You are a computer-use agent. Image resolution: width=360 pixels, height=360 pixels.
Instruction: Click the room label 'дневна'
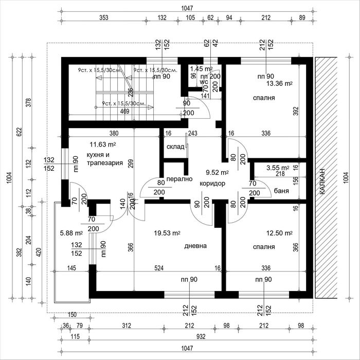click(195, 246)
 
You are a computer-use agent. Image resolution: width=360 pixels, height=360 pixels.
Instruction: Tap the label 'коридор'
click(212, 183)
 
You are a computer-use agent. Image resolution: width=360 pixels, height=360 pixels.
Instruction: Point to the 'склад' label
click(175, 147)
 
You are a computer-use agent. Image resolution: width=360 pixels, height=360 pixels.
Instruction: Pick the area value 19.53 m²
click(167, 233)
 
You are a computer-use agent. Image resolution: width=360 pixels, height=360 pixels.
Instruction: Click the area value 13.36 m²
click(279, 83)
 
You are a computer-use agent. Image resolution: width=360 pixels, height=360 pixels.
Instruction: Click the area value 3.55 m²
click(278, 168)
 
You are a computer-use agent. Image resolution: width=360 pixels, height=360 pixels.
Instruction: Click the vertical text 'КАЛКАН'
click(321, 179)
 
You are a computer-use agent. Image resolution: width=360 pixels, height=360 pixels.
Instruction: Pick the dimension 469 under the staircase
click(125, 110)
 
